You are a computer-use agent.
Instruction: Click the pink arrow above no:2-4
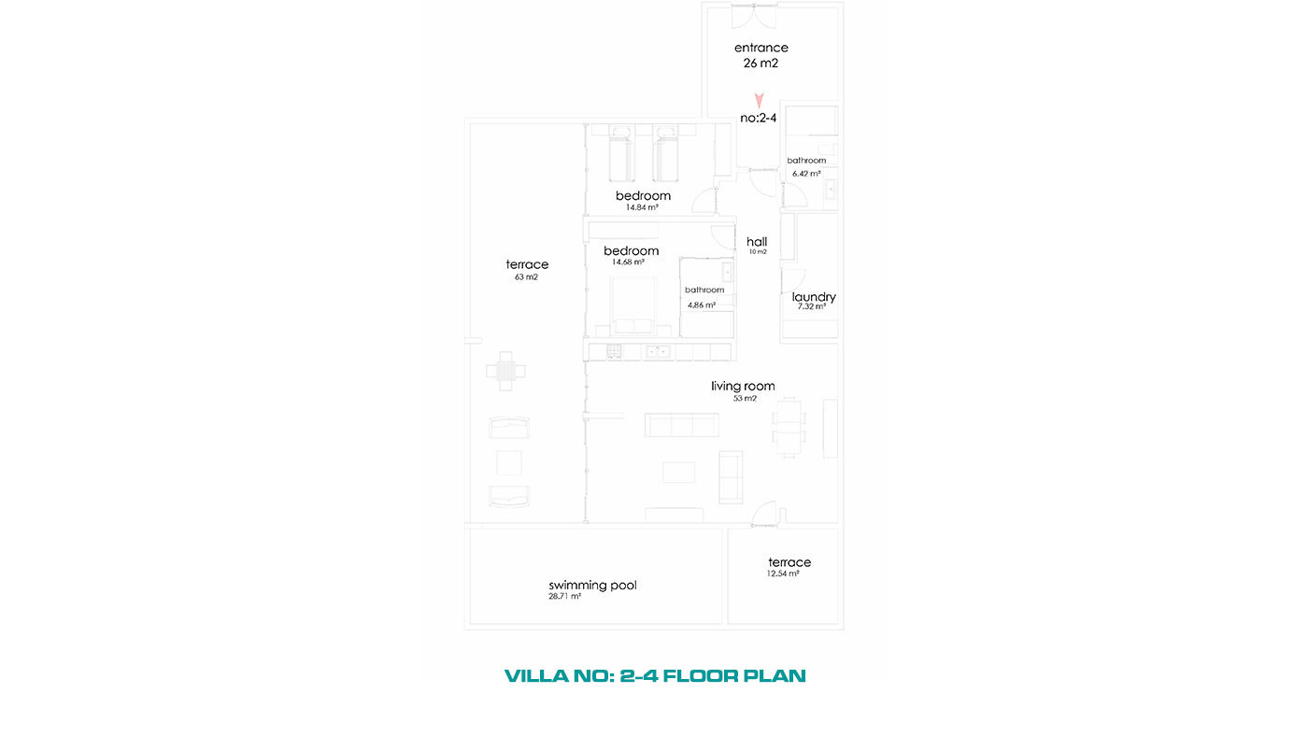coord(759,100)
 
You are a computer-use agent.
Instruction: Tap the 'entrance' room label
coord(761,48)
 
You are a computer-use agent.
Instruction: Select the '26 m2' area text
coord(761,63)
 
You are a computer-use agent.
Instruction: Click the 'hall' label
coord(757,242)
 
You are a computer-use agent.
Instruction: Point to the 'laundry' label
coord(814,296)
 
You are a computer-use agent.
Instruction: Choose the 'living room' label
coord(743,386)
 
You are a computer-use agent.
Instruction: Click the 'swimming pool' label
coord(592,585)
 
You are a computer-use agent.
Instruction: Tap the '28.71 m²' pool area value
coord(564,597)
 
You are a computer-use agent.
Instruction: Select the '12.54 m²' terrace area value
coord(783,573)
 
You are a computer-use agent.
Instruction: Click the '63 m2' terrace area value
coord(526,277)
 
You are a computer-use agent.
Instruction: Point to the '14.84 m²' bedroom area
coord(642,207)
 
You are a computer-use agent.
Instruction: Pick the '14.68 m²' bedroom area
coord(628,262)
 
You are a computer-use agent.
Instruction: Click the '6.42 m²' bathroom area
coord(806,174)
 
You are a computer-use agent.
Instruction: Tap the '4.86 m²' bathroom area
coord(702,304)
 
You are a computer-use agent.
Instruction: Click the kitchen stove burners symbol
coord(614,351)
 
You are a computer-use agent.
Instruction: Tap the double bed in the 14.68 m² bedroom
coord(633,304)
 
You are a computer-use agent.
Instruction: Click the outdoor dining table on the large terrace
coord(505,371)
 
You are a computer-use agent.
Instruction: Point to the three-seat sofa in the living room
coord(681,425)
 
